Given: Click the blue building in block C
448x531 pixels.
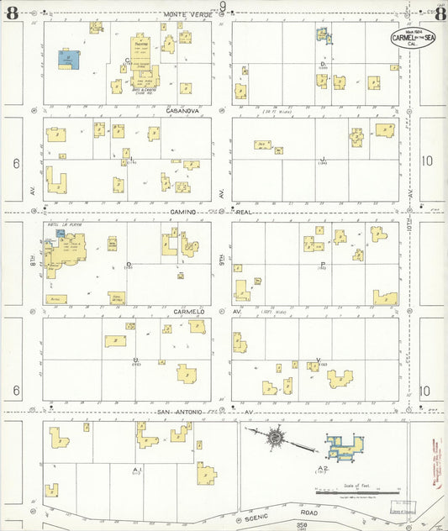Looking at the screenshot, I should tap(69, 60).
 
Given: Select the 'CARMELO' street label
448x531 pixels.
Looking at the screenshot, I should tap(190, 311).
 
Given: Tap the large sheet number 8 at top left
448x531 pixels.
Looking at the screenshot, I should tap(12, 12).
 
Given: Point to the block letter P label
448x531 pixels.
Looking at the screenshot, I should tap(322, 264).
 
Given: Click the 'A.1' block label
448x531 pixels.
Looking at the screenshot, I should tap(136, 469).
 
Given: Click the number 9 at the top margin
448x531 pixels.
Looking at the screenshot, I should tap(224, 8).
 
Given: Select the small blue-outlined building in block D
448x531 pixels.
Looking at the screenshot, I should tap(324, 35).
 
